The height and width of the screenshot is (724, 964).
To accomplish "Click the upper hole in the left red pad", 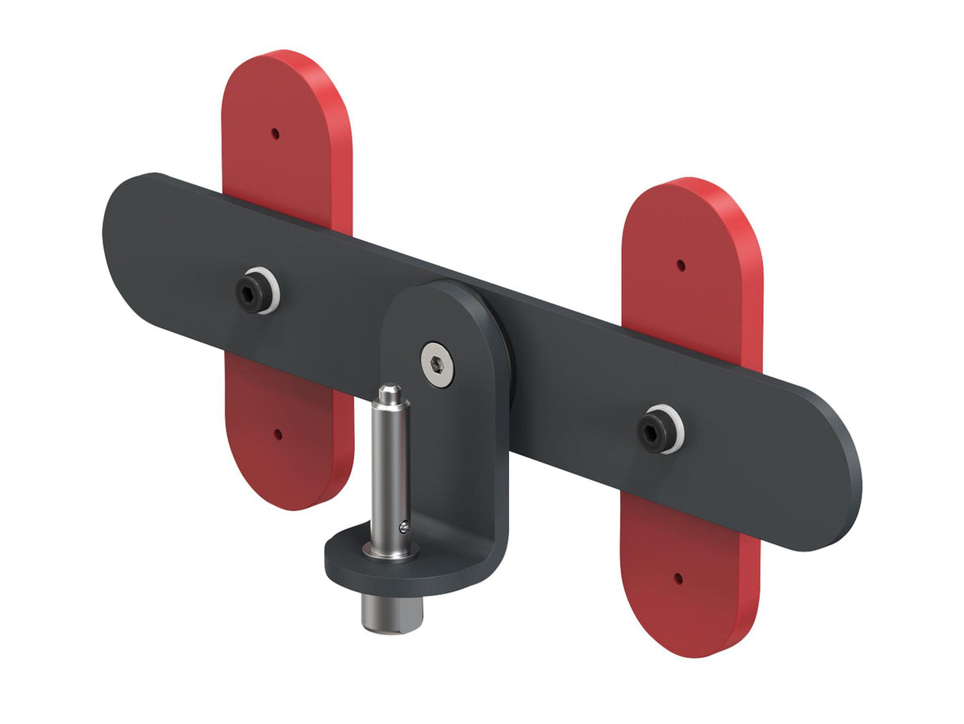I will (x=276, y=134).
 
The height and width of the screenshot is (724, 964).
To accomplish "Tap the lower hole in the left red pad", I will (x=278, y=434).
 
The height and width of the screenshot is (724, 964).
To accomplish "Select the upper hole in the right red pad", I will (x=681, y=265).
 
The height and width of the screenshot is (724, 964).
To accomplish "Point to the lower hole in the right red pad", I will (x=678, y=579).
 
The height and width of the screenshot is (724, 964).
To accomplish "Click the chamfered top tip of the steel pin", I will (x=389, y=393).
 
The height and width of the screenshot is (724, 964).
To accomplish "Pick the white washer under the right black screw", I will (x=677, y=434).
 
